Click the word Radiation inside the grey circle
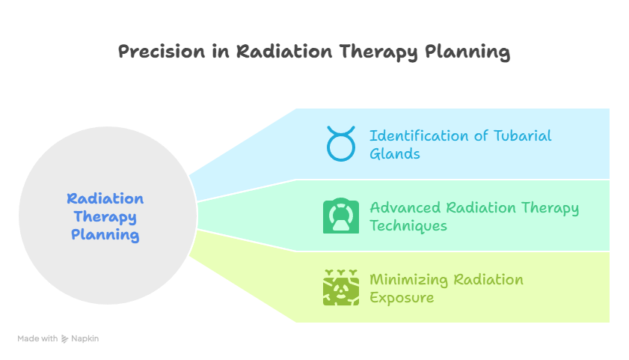tap(105, 199)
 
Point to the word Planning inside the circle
tap(105, 235)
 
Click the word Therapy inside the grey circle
tap(105, 217)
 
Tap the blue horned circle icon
tap(341, 144)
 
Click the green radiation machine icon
tap(341, 216)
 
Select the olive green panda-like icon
tap(341, 288)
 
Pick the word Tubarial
tap(521, 136)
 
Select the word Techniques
tap(408, 226)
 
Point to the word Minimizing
tap(408, 280)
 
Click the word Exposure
tap(402, 298)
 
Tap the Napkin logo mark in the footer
tap(65, 339)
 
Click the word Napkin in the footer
tap(85, 339)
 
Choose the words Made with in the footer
tap(37, 339)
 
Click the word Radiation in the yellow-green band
tap(488, 280)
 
